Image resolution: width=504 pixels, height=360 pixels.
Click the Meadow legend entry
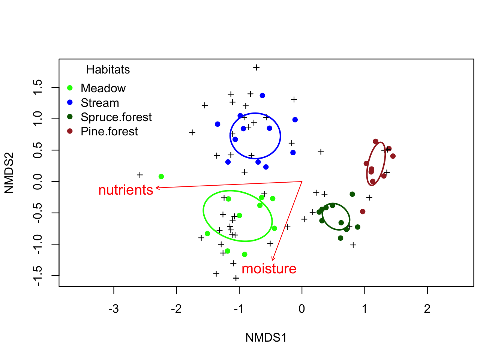tap(103, 88)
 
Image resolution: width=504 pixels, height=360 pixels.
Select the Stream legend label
tap(100, 103)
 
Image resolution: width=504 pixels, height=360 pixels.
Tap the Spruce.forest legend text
tap(116, 117)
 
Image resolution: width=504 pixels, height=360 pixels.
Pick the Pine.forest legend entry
tap(109, 131)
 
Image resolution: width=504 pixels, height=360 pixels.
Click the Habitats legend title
tap(108, 69)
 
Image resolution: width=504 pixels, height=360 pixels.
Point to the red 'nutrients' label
tap(126, 190)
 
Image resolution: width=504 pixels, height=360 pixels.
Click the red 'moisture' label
tap(269, 269)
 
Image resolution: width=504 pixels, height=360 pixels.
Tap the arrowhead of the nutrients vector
tap(156, 187)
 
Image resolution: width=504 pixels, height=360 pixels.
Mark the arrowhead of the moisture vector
tap(273, 260)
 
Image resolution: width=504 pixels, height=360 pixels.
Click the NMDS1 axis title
tap(266, 337)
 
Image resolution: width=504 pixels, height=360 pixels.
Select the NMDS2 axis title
tap(9, 173)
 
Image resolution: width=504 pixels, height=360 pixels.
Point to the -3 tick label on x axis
tap(113, 309)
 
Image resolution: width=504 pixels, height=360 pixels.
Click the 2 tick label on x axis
tap(427, 309)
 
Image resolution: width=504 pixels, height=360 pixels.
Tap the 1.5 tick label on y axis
tap(37, 87)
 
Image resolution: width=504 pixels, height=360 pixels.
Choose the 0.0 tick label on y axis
tap(37, 181)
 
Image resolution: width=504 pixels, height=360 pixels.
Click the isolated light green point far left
tap(161, 177)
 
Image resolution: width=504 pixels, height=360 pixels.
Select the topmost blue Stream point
tap(262, 96)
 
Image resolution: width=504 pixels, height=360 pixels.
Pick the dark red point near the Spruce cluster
tap(363, 211)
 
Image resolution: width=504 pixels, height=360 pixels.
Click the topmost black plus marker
tap(256, 67)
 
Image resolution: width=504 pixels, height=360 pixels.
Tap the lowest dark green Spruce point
tap(340, 238)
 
